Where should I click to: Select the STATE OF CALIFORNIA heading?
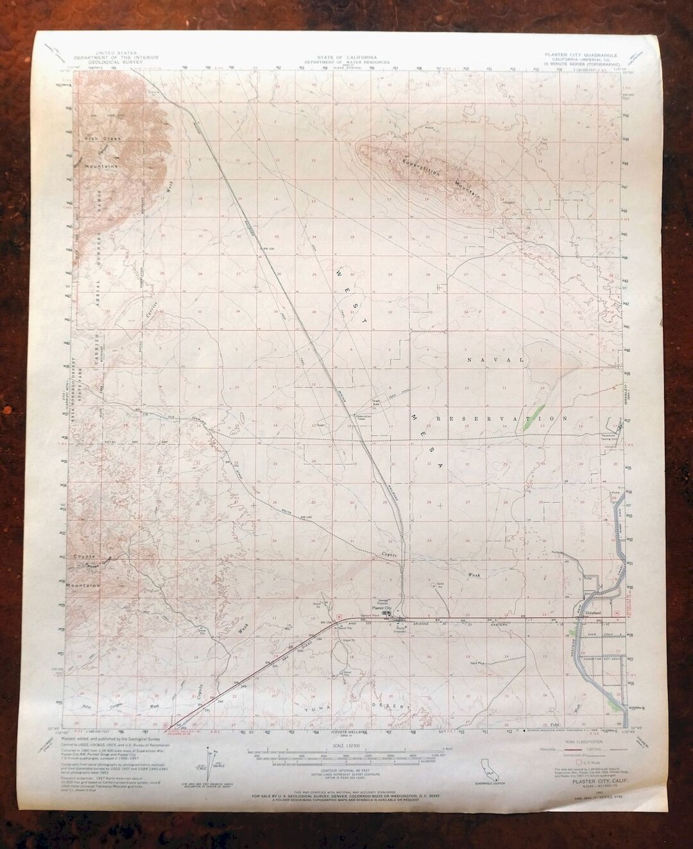336,57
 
